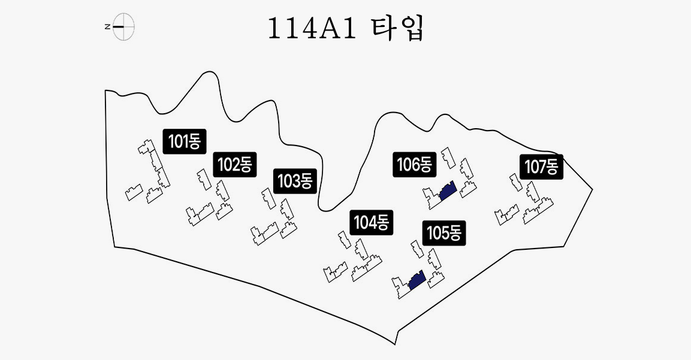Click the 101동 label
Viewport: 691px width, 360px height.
(x=185, y=141)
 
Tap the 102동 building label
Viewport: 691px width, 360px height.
(x=234, y=164)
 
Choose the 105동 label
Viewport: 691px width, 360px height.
(x=443, y=233)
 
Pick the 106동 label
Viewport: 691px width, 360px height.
(x=414, y=164)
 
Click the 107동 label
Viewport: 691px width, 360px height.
(x=542, y=166)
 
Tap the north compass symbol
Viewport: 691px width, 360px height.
(x=123, y=27)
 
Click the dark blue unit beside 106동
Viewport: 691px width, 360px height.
(x=448, y=190)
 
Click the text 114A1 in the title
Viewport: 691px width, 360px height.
(x=308, y=29)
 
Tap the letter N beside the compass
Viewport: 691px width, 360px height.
(x=107, y=27)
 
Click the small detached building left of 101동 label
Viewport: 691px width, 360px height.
(x=144, y=147)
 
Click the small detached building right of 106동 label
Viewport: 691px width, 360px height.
(x=448, y=157)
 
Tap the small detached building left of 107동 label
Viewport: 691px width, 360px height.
(x=514, y=181)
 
